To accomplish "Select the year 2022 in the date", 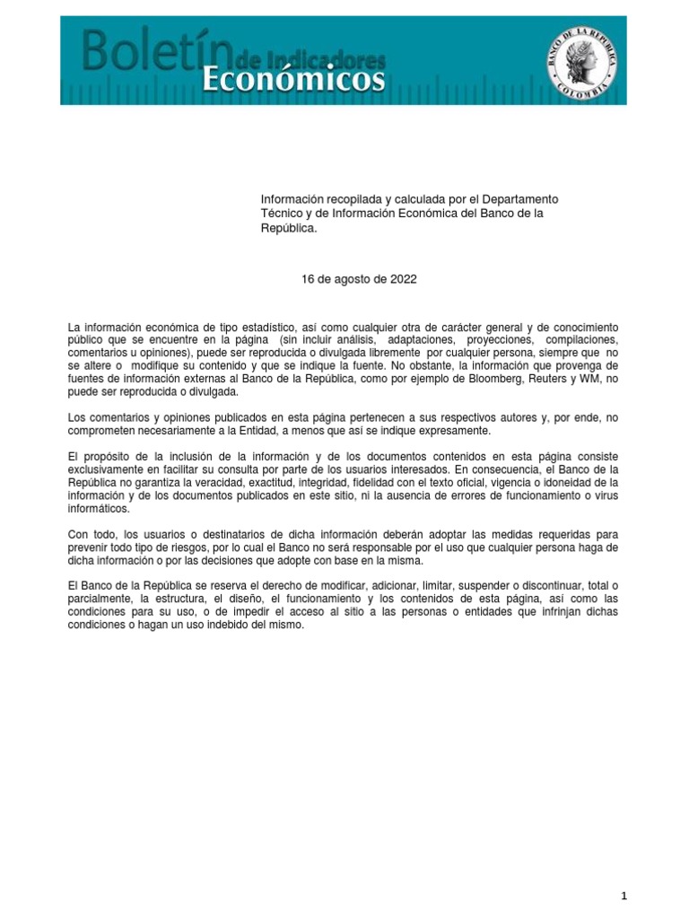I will [x=403, y=279].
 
